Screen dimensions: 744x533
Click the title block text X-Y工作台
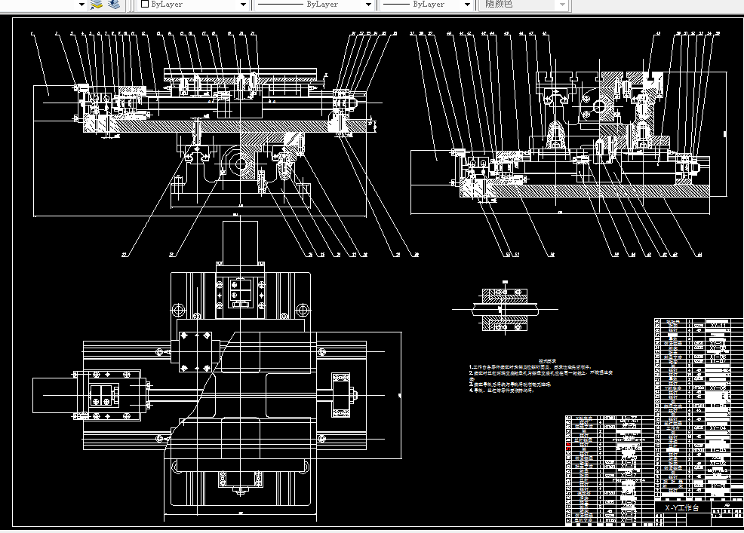[x=681, y=508]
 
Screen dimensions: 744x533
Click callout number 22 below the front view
[x=171, y=254]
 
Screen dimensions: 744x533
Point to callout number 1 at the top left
[x=32, y=34]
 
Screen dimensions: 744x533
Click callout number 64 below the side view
[x=699, y=254]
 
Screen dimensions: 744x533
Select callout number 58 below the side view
[x=552, y=254]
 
